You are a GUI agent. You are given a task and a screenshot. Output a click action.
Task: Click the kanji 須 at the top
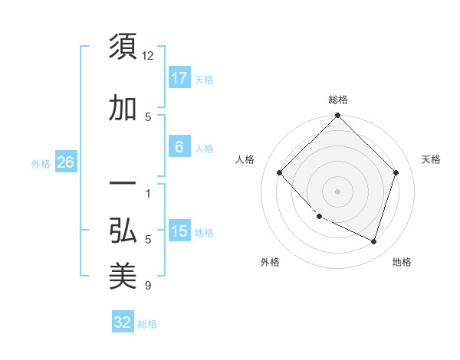click(123, 47)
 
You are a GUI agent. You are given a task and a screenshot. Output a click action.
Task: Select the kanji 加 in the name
click(123, 109)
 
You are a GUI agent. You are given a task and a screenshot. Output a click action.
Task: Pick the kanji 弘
click(123, 230)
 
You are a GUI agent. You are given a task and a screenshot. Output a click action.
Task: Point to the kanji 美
click(123, 276)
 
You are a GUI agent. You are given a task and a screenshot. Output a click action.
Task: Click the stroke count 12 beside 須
click(148, 56)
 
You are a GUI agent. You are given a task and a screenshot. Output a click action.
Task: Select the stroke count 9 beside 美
click(148, 286)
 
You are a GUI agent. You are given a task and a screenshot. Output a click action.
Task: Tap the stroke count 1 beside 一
click(148, 193)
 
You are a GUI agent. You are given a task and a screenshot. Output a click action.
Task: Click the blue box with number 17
click(179, 77)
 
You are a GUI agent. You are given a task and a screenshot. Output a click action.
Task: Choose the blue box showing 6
click(179, 147)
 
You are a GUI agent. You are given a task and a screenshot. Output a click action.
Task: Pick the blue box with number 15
click(179, 231)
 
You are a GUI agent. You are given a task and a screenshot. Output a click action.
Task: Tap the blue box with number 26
click(65, 162)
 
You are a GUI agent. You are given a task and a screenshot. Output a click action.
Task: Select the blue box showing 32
click(123, 322)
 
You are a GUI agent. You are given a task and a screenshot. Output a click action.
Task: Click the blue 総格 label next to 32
click(147, 324)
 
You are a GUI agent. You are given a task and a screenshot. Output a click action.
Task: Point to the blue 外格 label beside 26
click(41, 163)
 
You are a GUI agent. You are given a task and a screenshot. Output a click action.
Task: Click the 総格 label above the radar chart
click(337, 100)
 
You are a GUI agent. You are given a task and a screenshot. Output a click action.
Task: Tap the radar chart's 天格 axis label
click(431, 159)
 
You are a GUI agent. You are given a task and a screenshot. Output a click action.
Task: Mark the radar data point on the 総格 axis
click(337, 116)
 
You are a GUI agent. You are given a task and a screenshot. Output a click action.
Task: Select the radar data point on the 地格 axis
click(373, 241)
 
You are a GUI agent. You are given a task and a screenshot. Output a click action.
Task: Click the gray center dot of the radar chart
click(337, 191)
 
